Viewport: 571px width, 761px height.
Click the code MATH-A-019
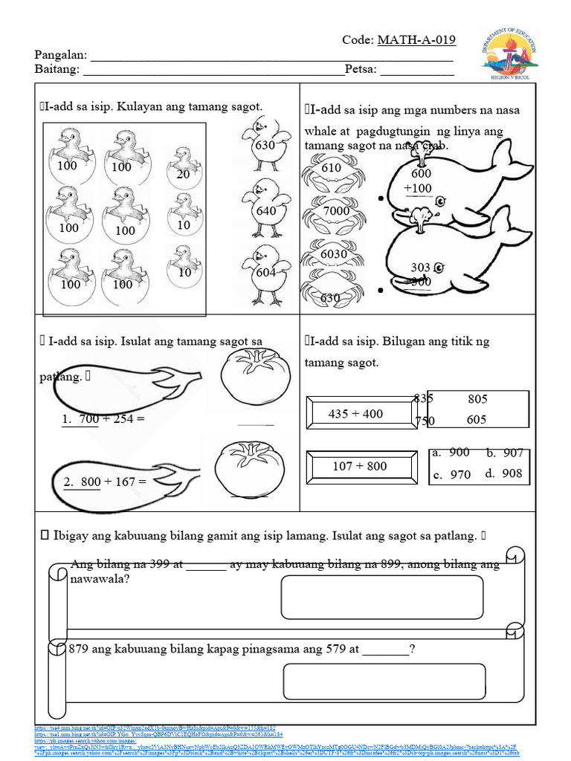(416, 40)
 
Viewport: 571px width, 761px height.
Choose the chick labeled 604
(266, 273)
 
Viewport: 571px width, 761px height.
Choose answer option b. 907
(505, 453)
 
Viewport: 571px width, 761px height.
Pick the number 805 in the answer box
(477, 399)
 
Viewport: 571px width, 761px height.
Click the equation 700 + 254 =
(103, 419)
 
